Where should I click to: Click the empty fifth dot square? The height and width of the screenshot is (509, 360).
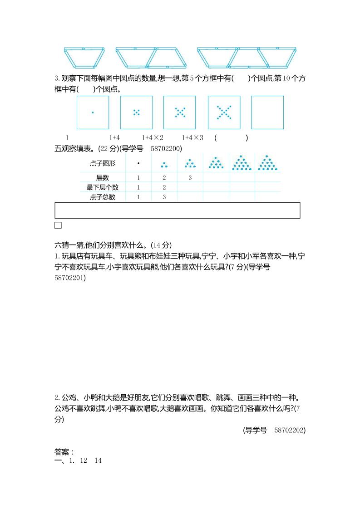click(x=267, y=112)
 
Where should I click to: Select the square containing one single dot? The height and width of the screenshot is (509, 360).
click(x=93, y=112)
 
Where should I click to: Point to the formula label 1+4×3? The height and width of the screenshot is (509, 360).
click(x=192, y=137)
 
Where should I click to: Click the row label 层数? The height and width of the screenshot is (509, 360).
click(x=102, y=177)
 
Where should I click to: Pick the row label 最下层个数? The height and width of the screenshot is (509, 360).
click(x=102, y=187)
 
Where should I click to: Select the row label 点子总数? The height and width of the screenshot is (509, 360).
click(x=102, y=197)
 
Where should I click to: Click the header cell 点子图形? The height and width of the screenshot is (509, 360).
click(x=102, y=163)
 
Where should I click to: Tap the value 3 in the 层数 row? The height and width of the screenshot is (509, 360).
click(x=190, y=177)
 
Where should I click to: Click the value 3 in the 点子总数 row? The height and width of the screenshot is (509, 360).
click(x=164, y=197)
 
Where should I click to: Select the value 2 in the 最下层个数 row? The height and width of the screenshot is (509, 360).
click(x=164, y=187)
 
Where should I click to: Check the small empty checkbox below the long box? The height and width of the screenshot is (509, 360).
click(x=58, y=225)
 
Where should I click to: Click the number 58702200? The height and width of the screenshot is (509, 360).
click(x=166, y=148)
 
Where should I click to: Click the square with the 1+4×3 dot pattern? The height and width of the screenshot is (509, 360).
click(x=224, y=112)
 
